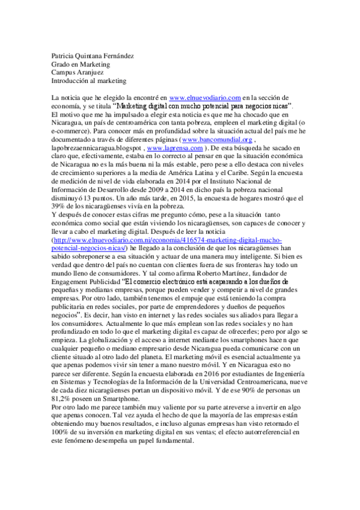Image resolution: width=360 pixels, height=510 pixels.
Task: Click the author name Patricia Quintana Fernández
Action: [92, 57]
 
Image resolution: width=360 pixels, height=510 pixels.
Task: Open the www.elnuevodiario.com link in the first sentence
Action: [206, 97]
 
